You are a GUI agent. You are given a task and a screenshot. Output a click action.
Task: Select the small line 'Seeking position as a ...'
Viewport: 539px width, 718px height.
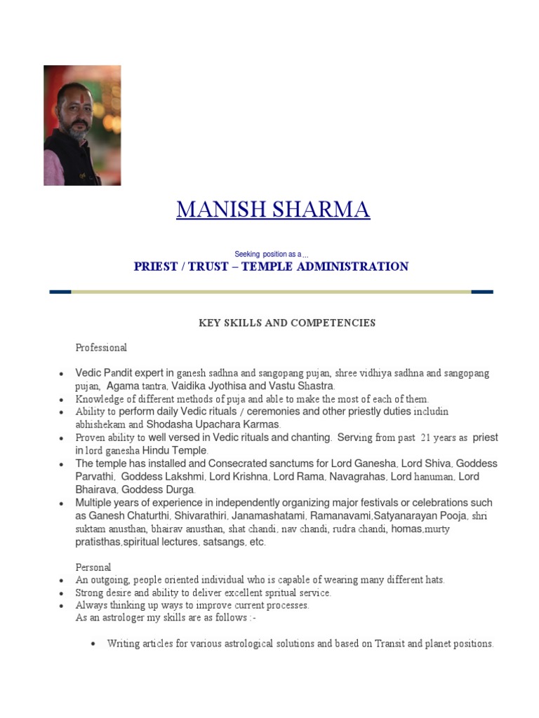click(x=272, y=254)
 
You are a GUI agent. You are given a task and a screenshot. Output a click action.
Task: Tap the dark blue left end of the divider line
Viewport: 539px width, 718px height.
click(x=60, y=292)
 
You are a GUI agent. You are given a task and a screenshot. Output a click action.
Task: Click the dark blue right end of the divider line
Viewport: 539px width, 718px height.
click(x=482, y=292)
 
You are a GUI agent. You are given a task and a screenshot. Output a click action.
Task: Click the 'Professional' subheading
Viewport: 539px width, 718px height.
click(x=101, y=347)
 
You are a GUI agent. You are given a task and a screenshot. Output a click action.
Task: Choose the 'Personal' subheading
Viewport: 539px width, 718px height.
click(x=93, y=567)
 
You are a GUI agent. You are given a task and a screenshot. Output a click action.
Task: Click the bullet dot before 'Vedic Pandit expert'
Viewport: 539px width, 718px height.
click(x=62, y=374)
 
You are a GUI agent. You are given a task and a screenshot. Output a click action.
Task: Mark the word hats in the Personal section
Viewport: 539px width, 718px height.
click(x=434, y=580)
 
